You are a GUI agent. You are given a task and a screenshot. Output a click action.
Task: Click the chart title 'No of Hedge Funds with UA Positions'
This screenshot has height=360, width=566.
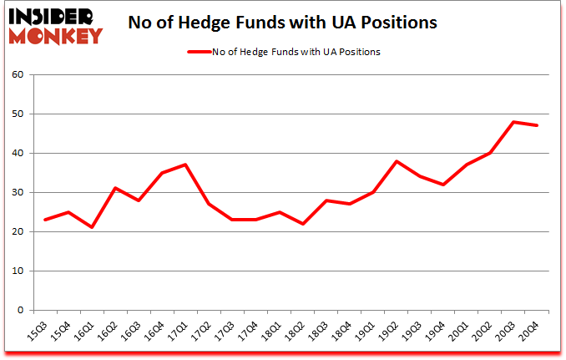point(282,23)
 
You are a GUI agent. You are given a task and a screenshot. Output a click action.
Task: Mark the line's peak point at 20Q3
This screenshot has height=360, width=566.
point(513,122)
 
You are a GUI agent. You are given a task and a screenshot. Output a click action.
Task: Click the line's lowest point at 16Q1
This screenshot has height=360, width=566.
point(92,227)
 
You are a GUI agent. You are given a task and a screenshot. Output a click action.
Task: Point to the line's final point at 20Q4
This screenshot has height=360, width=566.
point(537,126)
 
